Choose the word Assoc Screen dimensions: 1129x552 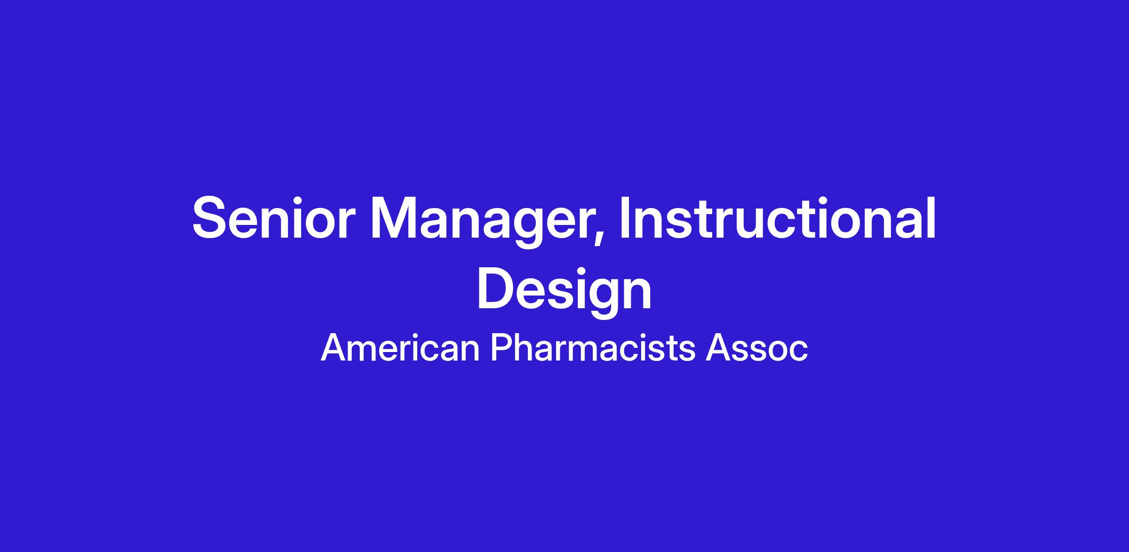tap(756, 348)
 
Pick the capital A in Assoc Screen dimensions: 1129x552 tap(718, 348)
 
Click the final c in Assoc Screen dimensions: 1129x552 tap(798, 352)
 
